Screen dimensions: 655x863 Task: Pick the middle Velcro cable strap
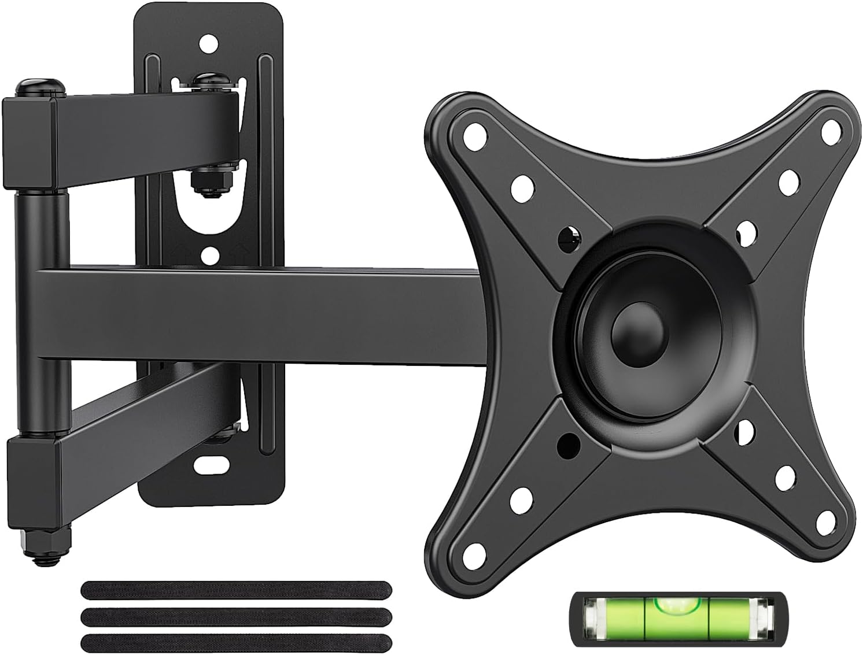[236, 616]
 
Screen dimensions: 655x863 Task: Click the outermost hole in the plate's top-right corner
[831, 131]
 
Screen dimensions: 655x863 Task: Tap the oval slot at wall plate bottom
[212, 464]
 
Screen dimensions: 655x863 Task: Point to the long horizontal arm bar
[260, 316]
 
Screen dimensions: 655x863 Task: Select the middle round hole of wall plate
[211, 254]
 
